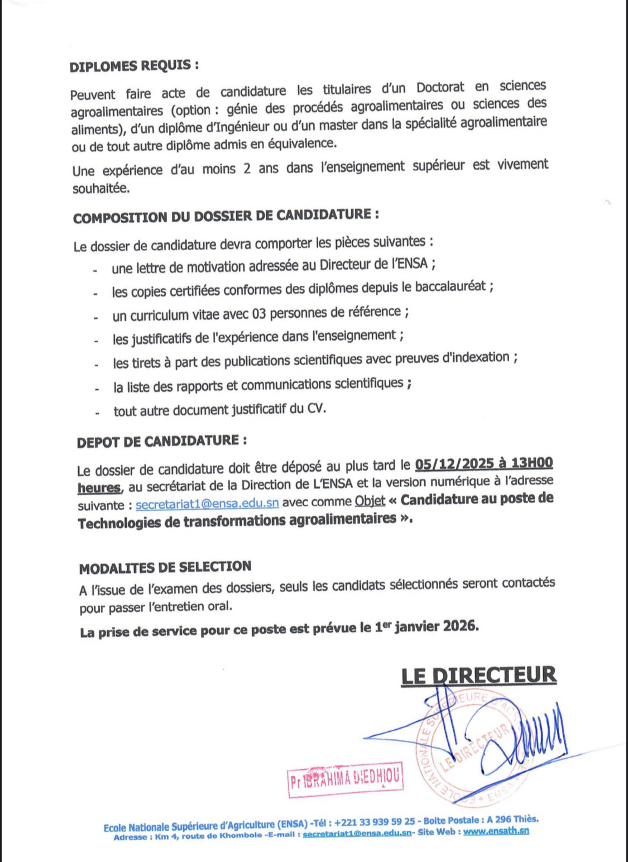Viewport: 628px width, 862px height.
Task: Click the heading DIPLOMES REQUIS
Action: (x=134, y=65)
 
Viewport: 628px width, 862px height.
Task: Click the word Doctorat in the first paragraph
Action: (x=440, y=88)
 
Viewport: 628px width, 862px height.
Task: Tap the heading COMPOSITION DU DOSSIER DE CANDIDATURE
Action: (x=226, y=215)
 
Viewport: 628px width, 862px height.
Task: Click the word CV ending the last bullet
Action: (x=315, y=408)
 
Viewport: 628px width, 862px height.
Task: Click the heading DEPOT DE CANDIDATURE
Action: (x=162, y=441)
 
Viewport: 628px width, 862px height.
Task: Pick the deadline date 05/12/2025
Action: (x=454, y=464)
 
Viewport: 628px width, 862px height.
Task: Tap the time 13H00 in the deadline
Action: (x=532, y=463)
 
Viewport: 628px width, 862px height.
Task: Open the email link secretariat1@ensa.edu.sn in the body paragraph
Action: (x=207, y=503)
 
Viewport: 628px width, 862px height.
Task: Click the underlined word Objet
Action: (x=370, y=500)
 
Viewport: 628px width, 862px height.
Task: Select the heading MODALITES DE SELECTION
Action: (x=165, y=568)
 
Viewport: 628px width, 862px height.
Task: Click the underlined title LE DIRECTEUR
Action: (x=478, y=675)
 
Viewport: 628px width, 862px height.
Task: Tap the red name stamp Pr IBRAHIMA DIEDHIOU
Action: (x=345, y=779)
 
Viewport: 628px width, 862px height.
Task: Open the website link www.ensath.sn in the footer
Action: (x=496, y=831)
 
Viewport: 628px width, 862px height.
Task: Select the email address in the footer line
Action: (x=357, y=834)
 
